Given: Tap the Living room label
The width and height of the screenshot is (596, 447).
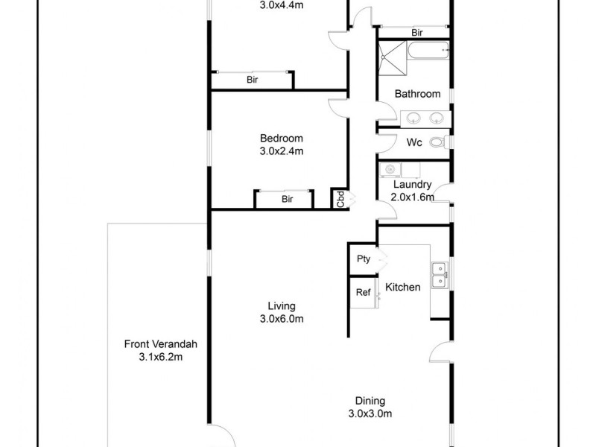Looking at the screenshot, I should [x=282, y=312].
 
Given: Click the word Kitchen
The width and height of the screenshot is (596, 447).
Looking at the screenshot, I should [x=402, y=287].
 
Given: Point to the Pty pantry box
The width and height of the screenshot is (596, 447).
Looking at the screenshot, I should [x=364, y=259].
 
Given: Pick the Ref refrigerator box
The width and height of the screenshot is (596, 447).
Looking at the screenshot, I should [x=364, y=292].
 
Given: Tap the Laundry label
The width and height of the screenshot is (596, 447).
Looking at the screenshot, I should [x=412, y=191].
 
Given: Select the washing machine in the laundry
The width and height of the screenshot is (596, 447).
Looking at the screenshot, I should [x=389, y=170].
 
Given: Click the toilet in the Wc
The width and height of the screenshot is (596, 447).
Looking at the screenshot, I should [x=437, y=142].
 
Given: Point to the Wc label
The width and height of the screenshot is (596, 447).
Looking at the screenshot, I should [x=415, y=142].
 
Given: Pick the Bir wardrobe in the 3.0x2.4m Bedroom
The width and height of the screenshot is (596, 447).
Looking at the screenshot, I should [x=287, y=199].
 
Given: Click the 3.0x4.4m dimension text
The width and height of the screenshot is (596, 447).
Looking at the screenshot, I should [x=282, y=5].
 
